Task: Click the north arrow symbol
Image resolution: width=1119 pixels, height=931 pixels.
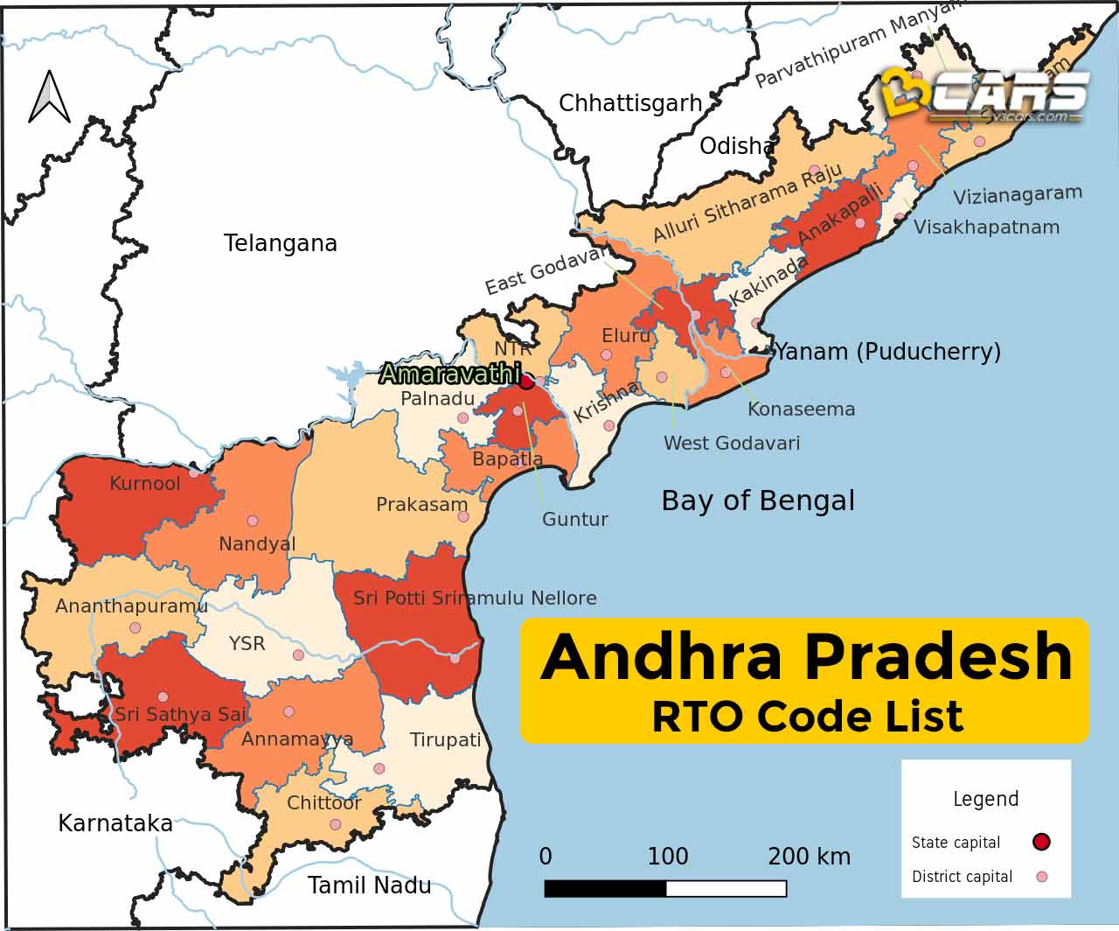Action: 49,98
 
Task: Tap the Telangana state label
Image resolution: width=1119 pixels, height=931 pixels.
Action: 280,243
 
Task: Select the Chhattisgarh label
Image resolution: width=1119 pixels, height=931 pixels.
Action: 629,103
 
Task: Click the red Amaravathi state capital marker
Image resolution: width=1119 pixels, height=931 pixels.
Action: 526,381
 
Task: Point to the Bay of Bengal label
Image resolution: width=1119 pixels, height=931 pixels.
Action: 758,500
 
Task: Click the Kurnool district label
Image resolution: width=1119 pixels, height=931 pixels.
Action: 145,483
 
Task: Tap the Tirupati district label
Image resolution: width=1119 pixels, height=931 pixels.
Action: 446,740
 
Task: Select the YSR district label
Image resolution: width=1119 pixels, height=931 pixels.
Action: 247,644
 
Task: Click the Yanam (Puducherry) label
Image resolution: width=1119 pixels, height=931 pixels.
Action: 887,352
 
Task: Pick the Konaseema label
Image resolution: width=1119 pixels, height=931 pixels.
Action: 801,409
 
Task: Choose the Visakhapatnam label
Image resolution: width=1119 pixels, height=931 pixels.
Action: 986,227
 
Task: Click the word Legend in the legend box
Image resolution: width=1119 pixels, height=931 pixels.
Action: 985,799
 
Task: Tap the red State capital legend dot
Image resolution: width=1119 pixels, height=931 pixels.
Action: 1040,842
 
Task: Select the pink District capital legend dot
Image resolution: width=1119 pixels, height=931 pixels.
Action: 1040,876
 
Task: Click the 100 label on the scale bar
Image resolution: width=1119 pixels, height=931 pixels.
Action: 667,856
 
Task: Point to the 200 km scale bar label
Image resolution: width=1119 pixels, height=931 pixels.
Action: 809,856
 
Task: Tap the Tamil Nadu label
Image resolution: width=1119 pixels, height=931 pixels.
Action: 369,885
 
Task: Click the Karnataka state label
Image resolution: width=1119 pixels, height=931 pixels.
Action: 115,823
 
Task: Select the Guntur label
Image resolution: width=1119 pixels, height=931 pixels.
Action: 574,519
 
